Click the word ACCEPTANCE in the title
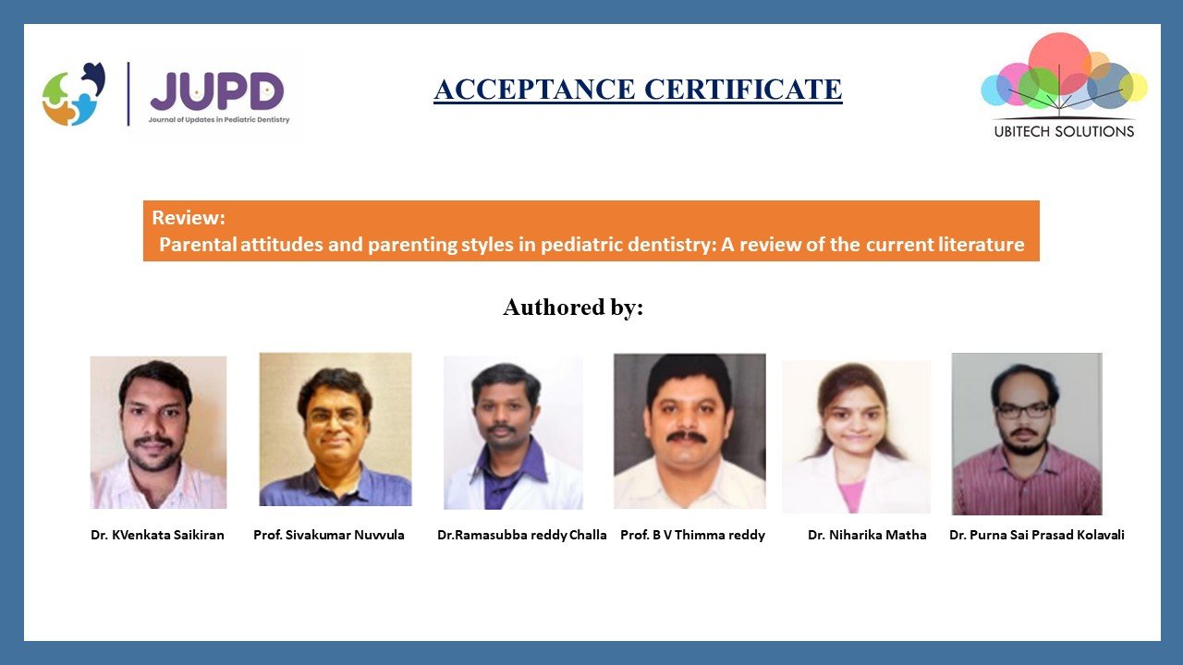pos(534,89)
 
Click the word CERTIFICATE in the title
pos(743,89)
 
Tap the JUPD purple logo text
pos(217,91)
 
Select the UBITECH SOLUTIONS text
pos(1064,131)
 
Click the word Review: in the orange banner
pos(189,218)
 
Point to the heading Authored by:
pos(573,308)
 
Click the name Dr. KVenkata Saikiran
pos(157,535)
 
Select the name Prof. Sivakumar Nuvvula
pos(329,535)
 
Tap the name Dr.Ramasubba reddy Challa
pos(522,535)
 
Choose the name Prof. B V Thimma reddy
pos(692,535)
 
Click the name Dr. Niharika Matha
pos(867,535)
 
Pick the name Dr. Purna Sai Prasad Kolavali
pos(1037,535)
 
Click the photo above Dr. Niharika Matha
pos(856,437)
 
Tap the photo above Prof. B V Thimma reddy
pos(689,431)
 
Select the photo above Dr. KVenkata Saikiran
pos(158,432)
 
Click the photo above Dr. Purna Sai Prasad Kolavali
pos(1027,434)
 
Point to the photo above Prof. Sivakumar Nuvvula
pos(335,429)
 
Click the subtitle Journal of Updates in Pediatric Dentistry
pos(219,120)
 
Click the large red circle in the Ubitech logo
pos(1059,59)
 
